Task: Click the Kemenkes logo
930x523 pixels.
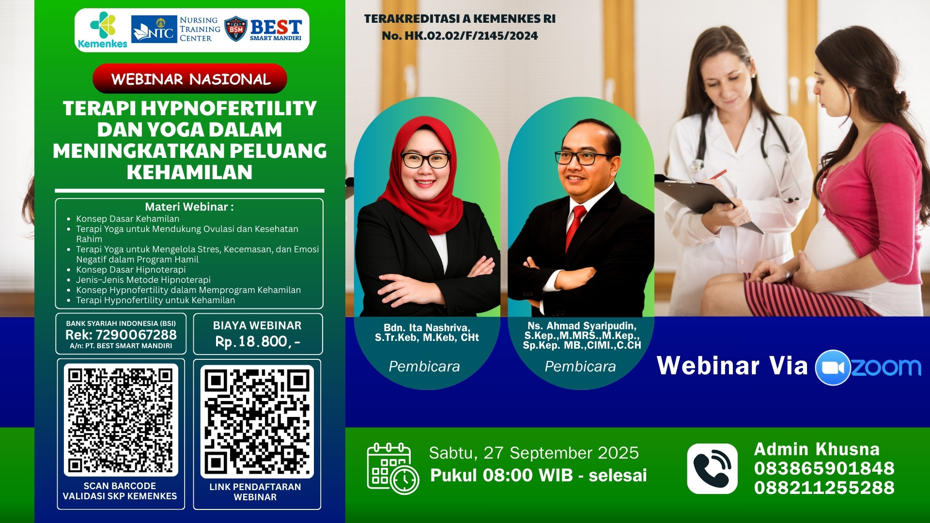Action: click(x=103, y=30)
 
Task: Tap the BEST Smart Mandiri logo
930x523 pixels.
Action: click(x=263, y=30)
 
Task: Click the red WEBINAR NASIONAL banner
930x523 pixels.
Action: click(x=190, y=79)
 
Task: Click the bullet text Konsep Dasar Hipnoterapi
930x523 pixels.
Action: click(x=131, y=270)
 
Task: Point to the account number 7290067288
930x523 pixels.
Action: click(x=136, y=335)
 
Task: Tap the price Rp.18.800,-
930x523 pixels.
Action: click(x=258, y=341)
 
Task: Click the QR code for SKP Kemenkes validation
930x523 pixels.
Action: click(x=121, y=420)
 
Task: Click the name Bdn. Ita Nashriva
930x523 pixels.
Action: click(x=426, y=328)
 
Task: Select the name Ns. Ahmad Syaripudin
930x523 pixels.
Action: click(x=582, y=326)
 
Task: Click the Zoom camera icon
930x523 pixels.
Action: click(x=833, y=368)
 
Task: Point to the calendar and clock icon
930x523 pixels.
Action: click(x=392, y=469)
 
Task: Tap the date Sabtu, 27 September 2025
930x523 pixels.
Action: click(x=533, y=453)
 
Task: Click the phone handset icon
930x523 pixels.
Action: click(x=712, y=468)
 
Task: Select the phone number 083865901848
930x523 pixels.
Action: click(x=824, y=468)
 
